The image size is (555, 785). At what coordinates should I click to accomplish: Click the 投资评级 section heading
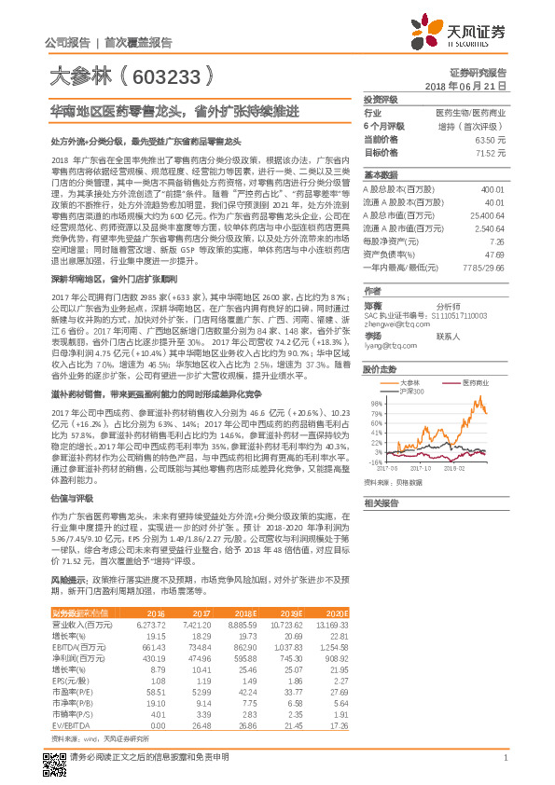point(380,98)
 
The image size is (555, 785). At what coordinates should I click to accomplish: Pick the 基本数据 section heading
point(380,176)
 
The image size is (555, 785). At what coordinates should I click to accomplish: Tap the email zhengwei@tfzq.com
point(391,324)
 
